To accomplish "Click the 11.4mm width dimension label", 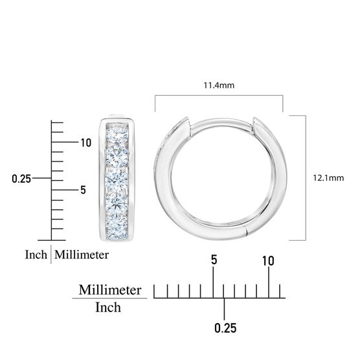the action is (x=219, y=85).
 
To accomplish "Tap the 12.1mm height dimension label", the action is (x=328, y=178).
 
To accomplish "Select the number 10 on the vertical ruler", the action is (x=86, y=143).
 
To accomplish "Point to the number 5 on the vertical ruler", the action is (x=83, y=190).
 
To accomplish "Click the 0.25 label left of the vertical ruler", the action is (x=21, y=179).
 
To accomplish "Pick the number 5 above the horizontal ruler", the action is (x=214, y=260).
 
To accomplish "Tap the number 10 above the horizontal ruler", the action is (x=268, y=261).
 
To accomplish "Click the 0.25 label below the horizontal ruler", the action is (x=225, y=328).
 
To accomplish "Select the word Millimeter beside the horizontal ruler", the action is (x=110, y=290).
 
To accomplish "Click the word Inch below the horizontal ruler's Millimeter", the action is (x=108, y=308).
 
